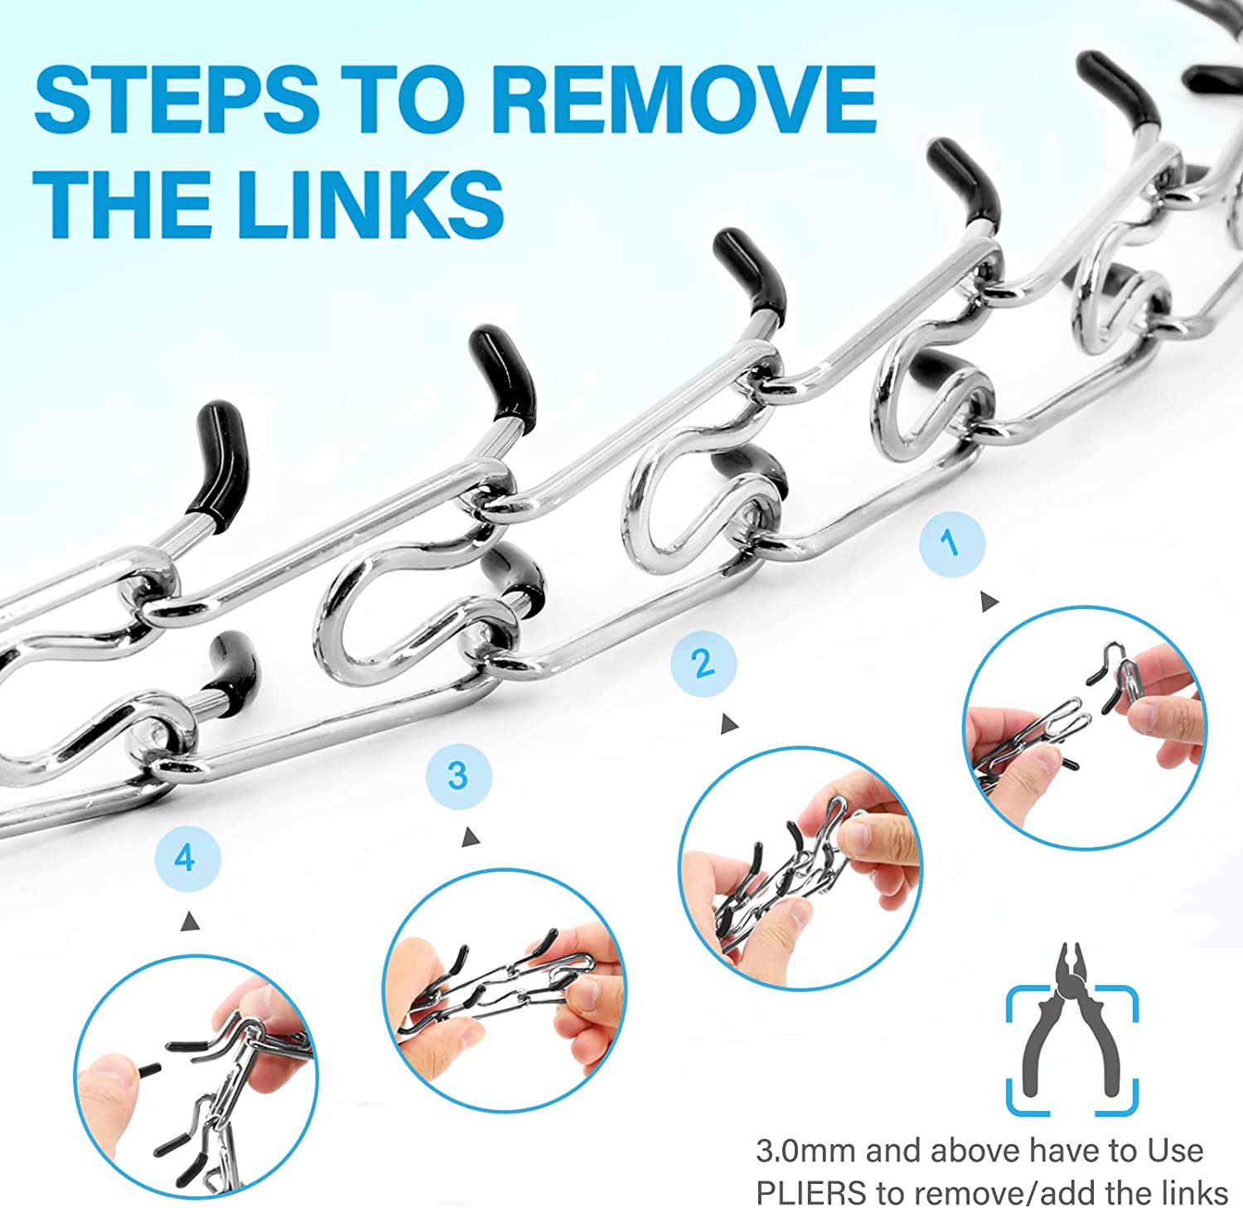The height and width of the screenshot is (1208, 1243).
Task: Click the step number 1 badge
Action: (952, 544)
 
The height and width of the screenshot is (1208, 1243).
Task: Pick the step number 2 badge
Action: (704, 664)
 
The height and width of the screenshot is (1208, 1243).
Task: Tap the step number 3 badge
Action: (458, 776)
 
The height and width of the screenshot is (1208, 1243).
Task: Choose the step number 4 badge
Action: (187, 858)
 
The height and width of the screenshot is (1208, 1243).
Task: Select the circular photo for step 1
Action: (1085, 727)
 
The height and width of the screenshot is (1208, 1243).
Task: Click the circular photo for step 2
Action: (800, 867)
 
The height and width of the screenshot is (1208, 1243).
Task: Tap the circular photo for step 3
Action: (505, 990)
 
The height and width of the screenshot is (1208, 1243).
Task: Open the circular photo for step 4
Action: (196, 1076)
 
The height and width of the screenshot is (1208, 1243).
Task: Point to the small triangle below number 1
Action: (989, 602)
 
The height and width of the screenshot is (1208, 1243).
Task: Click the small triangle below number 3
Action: (472, 837)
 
